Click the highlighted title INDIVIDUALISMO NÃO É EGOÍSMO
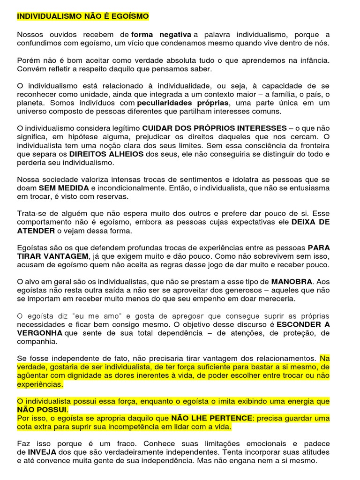(x=83, y=17)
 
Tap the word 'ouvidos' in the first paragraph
(x=61, y=35)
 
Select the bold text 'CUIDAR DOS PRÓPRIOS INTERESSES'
(x=214, y=128)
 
